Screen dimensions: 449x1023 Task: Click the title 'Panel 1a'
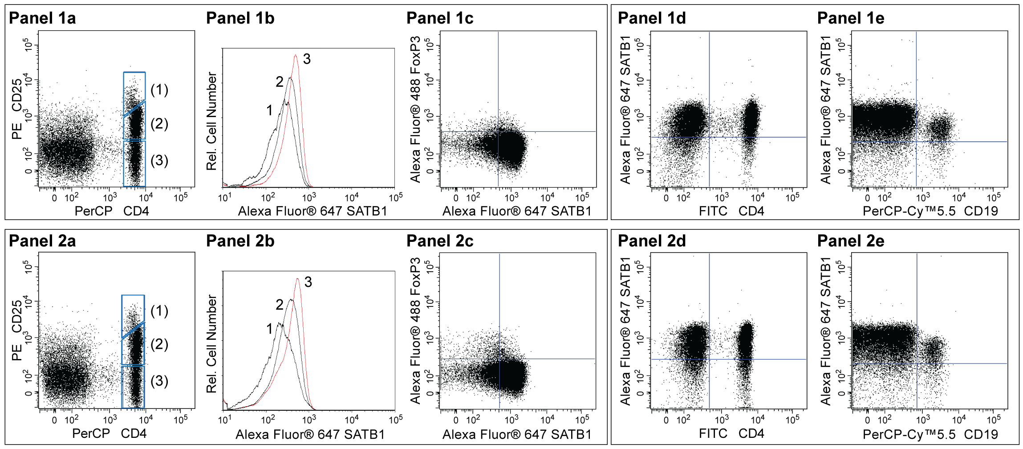42,18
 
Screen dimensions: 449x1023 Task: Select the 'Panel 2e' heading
851,241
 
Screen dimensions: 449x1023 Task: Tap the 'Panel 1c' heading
440,18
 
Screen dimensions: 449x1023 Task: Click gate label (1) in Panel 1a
159,90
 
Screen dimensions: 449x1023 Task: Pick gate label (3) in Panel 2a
159,381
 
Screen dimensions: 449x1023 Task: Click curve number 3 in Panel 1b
307,59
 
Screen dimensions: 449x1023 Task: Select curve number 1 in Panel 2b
269,329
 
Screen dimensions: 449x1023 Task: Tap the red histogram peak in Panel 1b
296,56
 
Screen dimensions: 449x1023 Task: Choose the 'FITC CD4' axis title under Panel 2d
731,433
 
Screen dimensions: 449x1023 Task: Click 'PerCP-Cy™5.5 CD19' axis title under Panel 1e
930,211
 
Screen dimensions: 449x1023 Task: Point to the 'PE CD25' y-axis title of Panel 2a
16,330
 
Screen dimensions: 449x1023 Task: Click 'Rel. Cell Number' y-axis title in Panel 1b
211,121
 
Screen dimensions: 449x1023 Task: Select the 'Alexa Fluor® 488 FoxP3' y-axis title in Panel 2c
415,331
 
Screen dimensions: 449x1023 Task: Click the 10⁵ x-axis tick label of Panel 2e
994,420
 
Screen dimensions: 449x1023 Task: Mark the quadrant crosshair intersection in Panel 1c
498,131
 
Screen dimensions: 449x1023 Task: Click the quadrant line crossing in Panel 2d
709,359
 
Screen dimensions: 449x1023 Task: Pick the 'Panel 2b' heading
240,241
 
